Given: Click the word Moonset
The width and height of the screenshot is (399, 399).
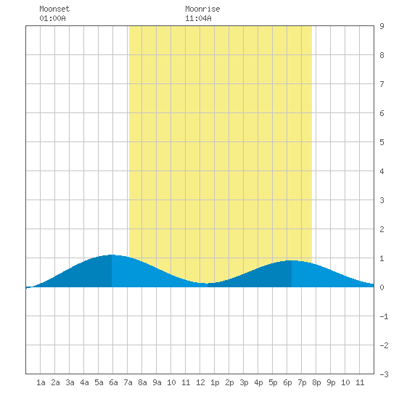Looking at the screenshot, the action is tap(54, 9).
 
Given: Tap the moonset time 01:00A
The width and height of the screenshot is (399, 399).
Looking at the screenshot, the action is tap(52, 18).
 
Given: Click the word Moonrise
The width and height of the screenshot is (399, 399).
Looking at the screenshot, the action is tap(202, 9).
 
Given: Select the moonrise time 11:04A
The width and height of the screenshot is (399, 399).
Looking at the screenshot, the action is tap(198, 18).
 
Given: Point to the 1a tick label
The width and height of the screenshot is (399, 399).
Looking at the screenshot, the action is tap(41, 382).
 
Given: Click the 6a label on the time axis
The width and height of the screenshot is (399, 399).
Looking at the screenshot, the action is tap(113, 382).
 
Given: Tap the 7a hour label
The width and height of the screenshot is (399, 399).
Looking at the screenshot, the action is tap(128, 382).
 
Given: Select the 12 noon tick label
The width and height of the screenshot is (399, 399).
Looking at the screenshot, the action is tap(200, 382).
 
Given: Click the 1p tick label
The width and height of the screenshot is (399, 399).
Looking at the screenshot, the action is tap(215, 382).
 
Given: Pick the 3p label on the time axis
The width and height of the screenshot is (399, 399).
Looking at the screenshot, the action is tap(244, 382).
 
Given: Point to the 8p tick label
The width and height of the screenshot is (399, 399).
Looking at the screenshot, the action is tap(316, 382).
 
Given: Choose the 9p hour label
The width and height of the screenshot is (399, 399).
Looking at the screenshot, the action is tap(331, 382).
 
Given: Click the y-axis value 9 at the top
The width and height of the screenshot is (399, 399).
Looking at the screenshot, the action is tap(382, 26).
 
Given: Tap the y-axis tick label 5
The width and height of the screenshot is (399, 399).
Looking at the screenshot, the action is tap(382, 142).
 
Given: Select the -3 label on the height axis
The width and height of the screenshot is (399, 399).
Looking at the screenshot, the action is tap(384, 374).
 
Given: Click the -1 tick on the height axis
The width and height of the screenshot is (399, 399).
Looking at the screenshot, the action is tap(384, 316).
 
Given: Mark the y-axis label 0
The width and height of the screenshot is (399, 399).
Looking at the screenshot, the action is tap(382, 287).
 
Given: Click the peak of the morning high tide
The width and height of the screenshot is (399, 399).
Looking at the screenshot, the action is tap(112, 255).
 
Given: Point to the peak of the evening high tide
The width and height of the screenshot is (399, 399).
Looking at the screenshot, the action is tap(292, 260).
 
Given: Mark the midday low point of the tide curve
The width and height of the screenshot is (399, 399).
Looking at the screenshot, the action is tap(207, 283).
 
